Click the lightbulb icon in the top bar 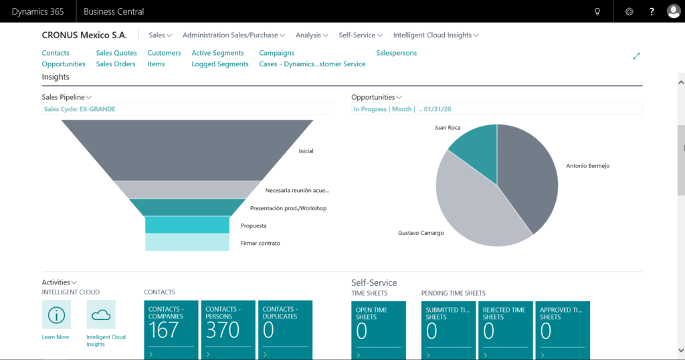(597, 11)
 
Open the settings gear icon (629, 11)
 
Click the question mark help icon (652, 11)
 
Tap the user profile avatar (673, 11)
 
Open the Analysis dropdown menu (312, 35)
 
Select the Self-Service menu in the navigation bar (361, 35)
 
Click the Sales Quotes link (116, 53)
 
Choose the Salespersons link (396, 53)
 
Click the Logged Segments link (220, 64)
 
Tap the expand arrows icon (636, 56)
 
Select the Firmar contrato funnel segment (187, 242)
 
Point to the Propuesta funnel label (254, 226)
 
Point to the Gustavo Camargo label (421, 233)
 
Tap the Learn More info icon (56, 314)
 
